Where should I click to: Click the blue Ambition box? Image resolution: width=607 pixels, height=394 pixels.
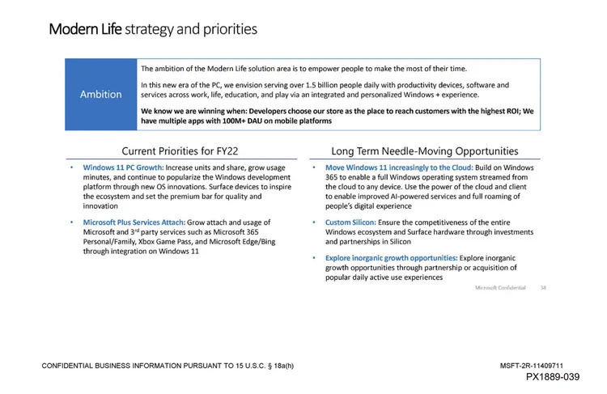pyautogui.click(x=101, y=94)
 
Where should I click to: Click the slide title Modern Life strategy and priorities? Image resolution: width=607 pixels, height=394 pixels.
pyautogui.click(x=153, y=29)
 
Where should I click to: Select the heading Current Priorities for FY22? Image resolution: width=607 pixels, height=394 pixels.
pyautogui.click(x=180, y=150)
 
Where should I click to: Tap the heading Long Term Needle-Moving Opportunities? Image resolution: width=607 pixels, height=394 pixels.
pyautogui.click(x=425, y=150)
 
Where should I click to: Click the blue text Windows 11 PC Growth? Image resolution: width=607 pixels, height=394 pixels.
pyautogui.click(x=123, y=167)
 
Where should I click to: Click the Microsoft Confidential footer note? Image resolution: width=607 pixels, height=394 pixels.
pyautogui.click(x=500, y=287)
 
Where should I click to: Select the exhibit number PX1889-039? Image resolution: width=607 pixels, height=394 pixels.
pyautogui.click(x=553, y=377)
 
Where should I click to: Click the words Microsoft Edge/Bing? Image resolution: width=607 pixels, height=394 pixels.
pyautogui.click(x=248, y=241)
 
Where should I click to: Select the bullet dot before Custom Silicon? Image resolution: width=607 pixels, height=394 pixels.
pyautogui.click(x=315, y=222)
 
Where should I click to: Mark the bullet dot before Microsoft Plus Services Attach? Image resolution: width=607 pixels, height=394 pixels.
pyautogui.click(x=72, y=222)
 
